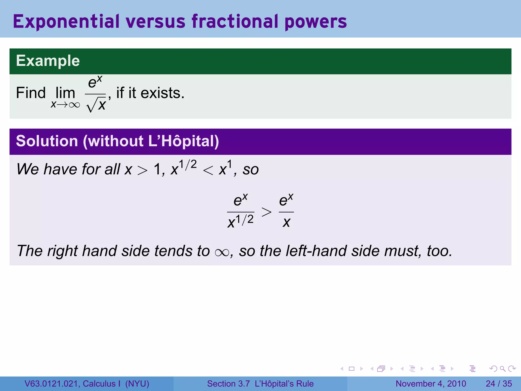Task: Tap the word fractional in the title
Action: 235,21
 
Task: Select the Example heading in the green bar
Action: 48,61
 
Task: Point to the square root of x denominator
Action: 96,105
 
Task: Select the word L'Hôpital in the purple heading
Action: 183,141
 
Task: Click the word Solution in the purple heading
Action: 47,141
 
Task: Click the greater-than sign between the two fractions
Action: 266,212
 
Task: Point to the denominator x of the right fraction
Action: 286,222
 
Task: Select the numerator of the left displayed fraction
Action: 240,200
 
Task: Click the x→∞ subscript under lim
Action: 65,104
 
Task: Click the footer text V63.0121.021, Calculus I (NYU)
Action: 87,384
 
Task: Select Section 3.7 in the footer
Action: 228,384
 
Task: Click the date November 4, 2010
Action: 431,384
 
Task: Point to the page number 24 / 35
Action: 499,384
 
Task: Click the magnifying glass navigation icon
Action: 502,369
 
